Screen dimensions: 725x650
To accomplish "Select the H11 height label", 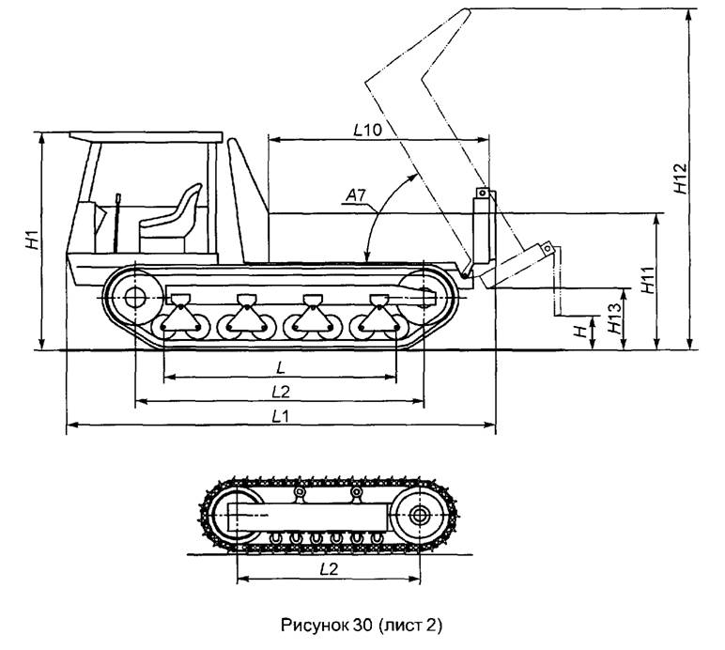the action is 649,280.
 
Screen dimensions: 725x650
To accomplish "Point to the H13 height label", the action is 615,319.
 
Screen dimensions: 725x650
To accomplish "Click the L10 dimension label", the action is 368,131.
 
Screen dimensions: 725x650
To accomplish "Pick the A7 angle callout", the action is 356,196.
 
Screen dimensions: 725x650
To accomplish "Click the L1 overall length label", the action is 280,416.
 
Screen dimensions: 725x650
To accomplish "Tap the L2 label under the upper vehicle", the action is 281,392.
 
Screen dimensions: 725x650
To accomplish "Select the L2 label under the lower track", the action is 329,568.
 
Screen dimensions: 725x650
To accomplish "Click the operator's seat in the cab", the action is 171,218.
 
